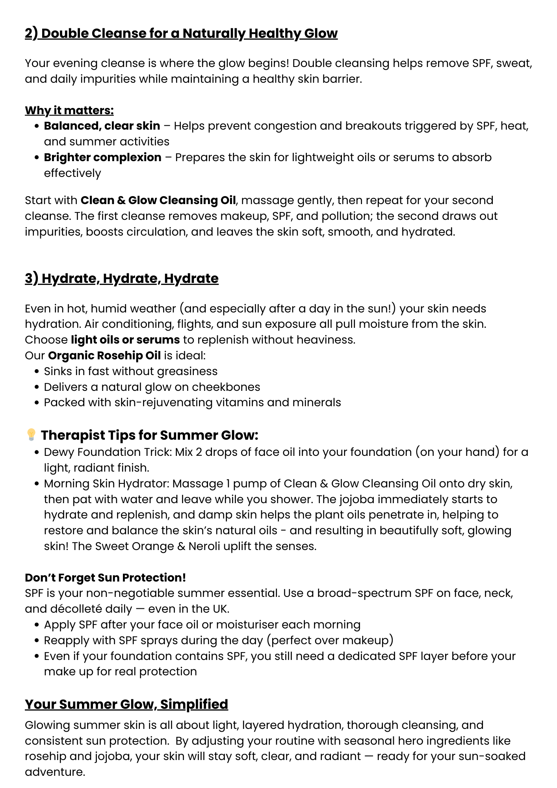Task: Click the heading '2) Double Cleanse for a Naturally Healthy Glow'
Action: [181, 33]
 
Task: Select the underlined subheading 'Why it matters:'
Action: [69, 110]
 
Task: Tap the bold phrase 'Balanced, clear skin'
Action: [102, 126]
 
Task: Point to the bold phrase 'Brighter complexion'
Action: [102, 158]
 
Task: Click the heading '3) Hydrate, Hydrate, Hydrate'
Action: [122, 279]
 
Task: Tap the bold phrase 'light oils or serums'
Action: [125, 340]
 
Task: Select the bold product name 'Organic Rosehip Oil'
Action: [104, 356]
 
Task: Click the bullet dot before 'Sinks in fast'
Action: [37, 372]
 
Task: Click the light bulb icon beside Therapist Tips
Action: [31, 435]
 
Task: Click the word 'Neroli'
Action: [204, 546]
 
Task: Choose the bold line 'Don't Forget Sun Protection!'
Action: [105, 578]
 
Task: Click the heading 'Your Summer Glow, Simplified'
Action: [126, 704]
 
